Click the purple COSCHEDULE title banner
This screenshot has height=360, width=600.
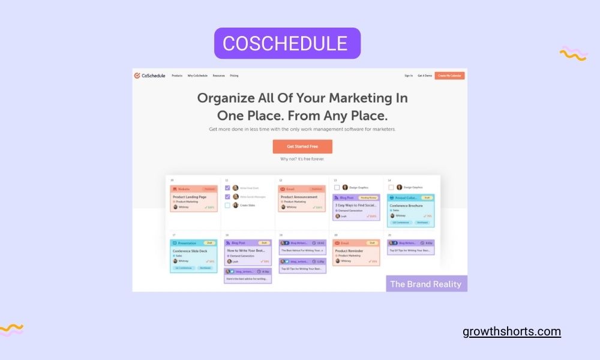[x=287, y=43]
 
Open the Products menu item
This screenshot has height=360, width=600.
[x=177, y=76]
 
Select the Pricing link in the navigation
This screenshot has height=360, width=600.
[x=234, y=76]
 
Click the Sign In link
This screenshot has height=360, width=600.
[x=409, y=76]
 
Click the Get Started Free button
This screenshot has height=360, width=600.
[x=302, y=146]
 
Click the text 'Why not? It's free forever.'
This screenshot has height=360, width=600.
[x=302, y=159]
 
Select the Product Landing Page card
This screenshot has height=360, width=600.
[x=193, y=199]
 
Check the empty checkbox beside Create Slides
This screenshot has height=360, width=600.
[x=227, y=205]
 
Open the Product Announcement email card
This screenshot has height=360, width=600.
[x=302, y=199]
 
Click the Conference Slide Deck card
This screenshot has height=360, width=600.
[x=193, y=256]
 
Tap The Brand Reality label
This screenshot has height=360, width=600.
[x=426, y=284]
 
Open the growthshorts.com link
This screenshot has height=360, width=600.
[x=512, y=332]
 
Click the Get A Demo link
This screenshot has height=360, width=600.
[x=425, y=76]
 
